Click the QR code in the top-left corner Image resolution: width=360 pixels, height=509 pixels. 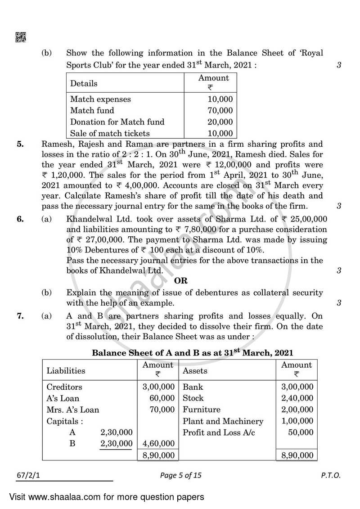point(21,38)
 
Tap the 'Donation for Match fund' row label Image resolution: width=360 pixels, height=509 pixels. point(117,122)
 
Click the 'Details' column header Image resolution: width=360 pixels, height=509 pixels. point(84,84)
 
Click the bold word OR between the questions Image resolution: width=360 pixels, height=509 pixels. point(180,281)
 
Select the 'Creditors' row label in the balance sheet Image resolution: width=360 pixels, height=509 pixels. point(64,387)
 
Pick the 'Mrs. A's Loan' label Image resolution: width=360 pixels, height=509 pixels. point(73,410)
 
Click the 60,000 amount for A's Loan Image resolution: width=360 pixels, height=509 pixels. point(162,398)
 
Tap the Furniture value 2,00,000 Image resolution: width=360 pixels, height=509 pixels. point(297,410)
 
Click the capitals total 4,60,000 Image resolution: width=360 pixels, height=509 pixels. point(158,444)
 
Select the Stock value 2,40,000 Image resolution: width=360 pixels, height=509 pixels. point(297,398)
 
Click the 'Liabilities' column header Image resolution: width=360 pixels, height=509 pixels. point(66,371)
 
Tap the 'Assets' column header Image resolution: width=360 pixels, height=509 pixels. point(195,371)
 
